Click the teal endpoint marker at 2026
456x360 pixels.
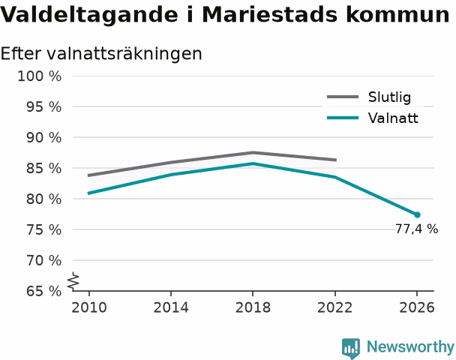[417, 215]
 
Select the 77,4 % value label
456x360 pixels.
[416, 229]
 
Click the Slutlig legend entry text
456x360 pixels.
[389, 97]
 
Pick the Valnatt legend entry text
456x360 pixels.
[393, 118]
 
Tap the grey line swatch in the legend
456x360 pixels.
[343, 97]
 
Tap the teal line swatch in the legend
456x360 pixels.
[343, 118]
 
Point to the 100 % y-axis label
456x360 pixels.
[40, 76]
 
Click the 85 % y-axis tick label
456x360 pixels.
[44, 168]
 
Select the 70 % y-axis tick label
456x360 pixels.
[44, 260]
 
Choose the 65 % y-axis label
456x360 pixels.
[44, 291]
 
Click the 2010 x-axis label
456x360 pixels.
[89, 307]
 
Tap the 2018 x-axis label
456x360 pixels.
[253, 307]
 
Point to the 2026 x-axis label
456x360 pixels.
[417, 307]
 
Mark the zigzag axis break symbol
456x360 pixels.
[73, 281]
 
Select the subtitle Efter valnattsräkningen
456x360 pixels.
[101, 54]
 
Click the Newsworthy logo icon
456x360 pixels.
[351, 348]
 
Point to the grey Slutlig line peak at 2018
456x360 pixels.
[253, 152]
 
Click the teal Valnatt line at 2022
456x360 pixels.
[335, 177]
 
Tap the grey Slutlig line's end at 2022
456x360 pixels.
[335, 160]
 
